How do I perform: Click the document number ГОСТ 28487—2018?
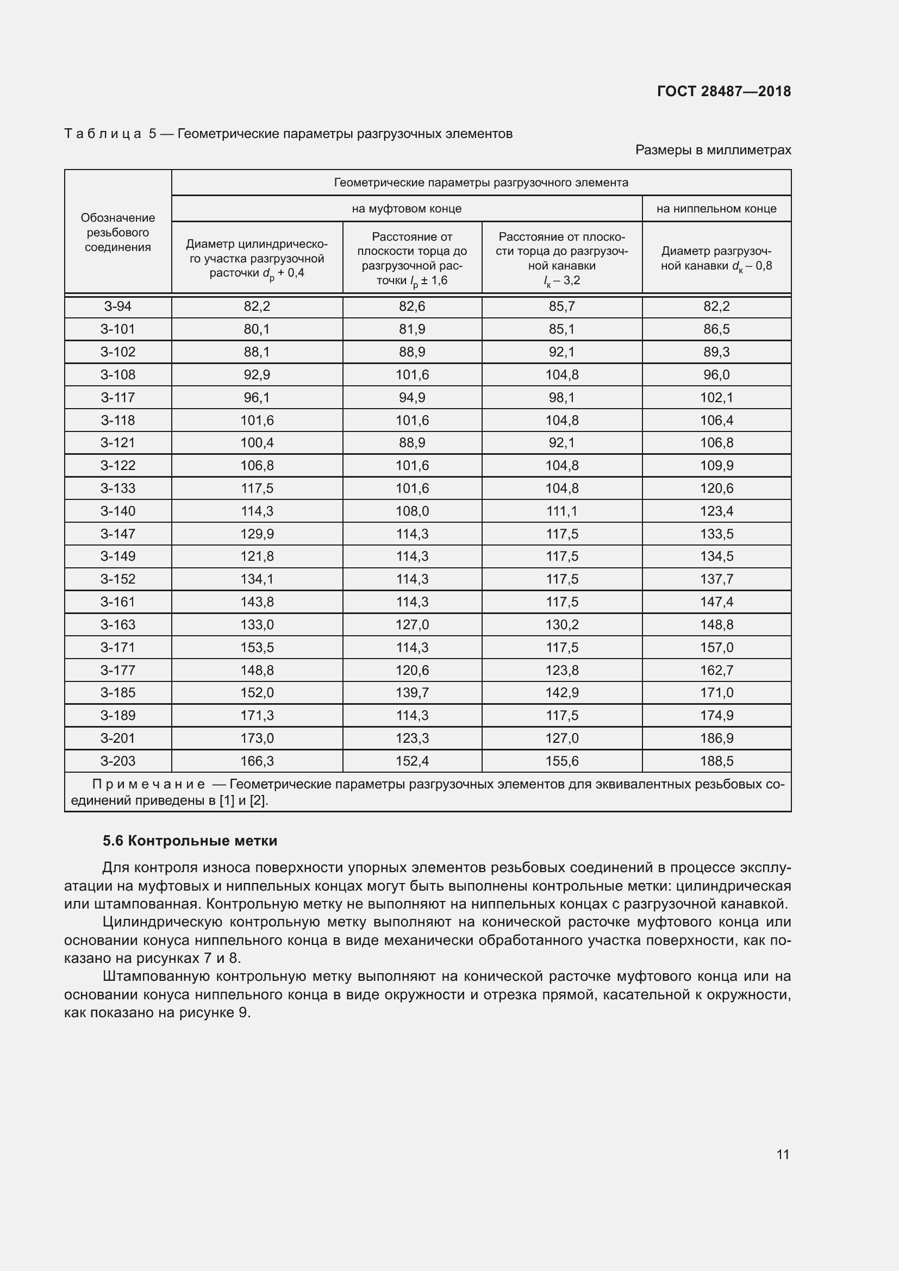[723, 91]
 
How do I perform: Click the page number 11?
[783, 1154]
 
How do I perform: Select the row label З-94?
[118, 306]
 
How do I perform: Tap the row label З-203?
[118, 761]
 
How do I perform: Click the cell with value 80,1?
[257, 329]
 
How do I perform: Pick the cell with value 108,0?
[412, 511]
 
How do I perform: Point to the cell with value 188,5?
[716, 761]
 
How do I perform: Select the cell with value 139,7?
[412, 692]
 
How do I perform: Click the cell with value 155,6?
[562, 761]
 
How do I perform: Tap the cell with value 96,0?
[716, 375]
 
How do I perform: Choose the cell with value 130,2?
[562, 624]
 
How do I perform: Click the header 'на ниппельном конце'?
[716, 209]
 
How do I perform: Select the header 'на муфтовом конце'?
[407, 209]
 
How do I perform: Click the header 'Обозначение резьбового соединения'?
[118, 233]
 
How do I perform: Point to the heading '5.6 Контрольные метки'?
[190, 841]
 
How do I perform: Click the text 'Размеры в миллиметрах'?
[713, 150]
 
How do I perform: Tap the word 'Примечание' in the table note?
[148, 785]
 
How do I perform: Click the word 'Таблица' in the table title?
[103, 134]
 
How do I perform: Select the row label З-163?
[118, 624]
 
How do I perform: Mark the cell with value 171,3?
[257, 715]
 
